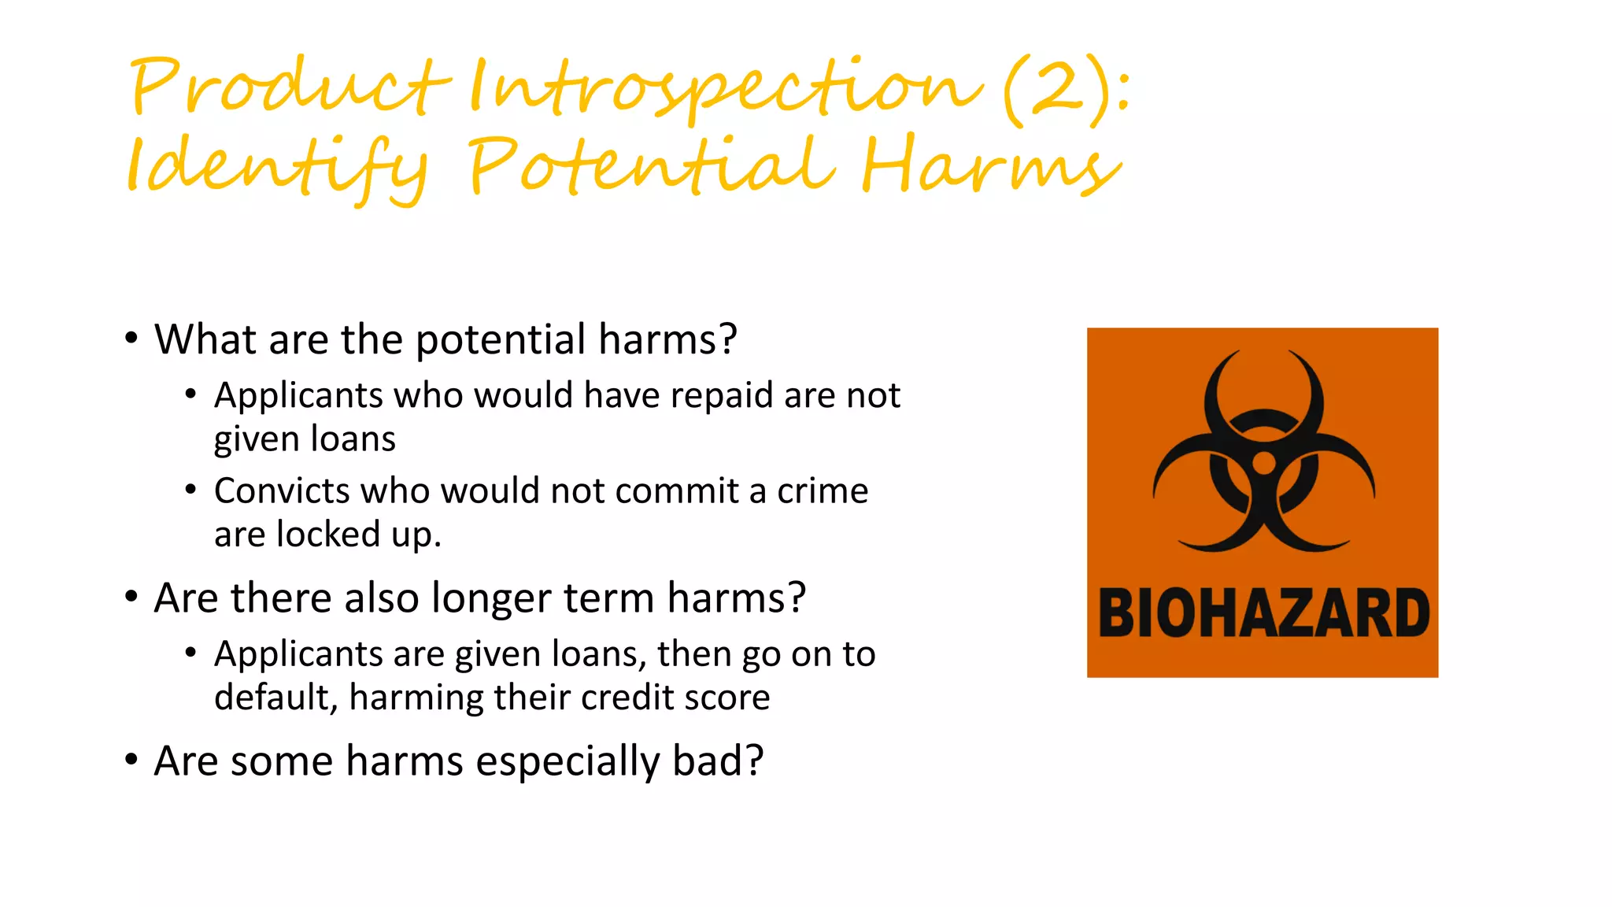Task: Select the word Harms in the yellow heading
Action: tap(990, 165)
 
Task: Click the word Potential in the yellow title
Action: tap(650, 165)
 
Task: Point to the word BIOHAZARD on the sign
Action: tap(1263, 613)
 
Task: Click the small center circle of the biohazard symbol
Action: tap(1263, 463)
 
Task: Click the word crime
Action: tap(823, 491)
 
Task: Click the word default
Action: tap(275, 698)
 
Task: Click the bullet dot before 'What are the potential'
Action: tap(131, 339)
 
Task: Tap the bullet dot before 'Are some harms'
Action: tap(131, 760)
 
